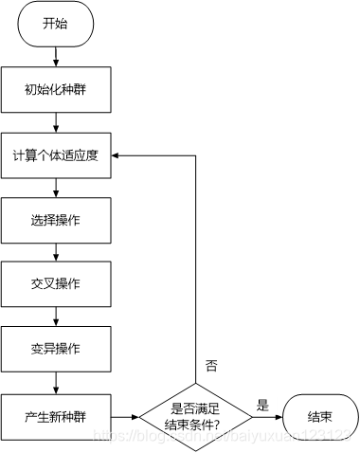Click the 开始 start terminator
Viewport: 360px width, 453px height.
point(57,26)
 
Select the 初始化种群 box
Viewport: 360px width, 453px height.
point(57,91)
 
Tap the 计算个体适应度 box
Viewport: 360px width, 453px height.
point(57,155)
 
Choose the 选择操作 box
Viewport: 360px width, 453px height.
point(57,220)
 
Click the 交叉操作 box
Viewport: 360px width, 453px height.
point(57,285)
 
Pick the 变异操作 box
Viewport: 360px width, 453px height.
point(57,350)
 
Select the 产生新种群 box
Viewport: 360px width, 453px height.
point(57,414)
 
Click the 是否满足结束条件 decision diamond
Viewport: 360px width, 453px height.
point(196,415)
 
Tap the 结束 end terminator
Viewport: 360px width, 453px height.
point(319,415)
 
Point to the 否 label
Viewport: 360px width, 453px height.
point(211,365)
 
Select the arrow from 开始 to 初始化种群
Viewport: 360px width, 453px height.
point(57,56)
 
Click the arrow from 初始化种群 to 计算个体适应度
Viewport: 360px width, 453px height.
point(57,122)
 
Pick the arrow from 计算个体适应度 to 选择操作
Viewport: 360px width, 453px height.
point(57,188)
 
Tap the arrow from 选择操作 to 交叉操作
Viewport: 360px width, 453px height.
point(57,252)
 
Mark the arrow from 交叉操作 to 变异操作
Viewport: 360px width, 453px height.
point(57,317)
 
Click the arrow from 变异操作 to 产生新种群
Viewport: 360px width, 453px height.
point(57,382)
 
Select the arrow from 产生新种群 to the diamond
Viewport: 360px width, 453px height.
point(126,415)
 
